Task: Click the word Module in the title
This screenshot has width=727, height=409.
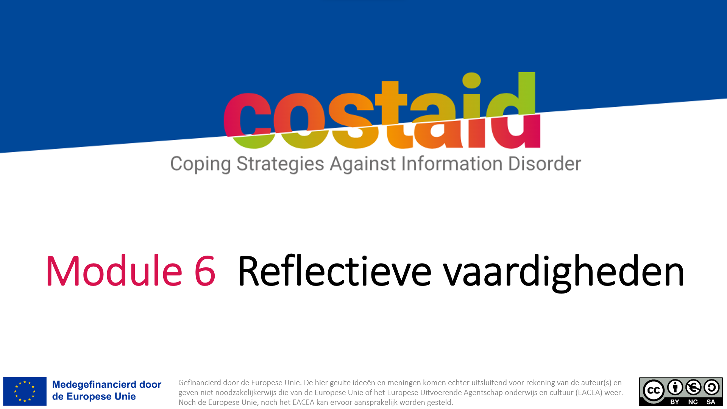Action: (114, 270)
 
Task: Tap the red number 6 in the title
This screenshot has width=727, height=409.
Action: (205, 270)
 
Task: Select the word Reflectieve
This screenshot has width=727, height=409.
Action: (334, 270)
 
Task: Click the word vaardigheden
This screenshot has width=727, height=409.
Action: (564, 272)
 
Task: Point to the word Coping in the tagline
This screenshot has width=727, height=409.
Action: (200, 164)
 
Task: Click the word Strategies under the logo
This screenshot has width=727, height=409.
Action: (280, 164)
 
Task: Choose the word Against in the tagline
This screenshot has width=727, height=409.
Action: (363, 164)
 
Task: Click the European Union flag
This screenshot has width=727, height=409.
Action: (25, 391)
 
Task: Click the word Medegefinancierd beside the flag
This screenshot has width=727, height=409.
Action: (94, 385)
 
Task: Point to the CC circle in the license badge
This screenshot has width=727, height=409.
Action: (654, 391)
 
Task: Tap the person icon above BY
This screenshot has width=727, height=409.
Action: (675, 387)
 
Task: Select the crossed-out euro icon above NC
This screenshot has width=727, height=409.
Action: (693, 387)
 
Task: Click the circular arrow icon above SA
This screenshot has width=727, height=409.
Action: (711, 387)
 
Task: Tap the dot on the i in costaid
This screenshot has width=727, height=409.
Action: (471, 80)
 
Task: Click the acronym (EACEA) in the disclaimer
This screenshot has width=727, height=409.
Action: (589, 392)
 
